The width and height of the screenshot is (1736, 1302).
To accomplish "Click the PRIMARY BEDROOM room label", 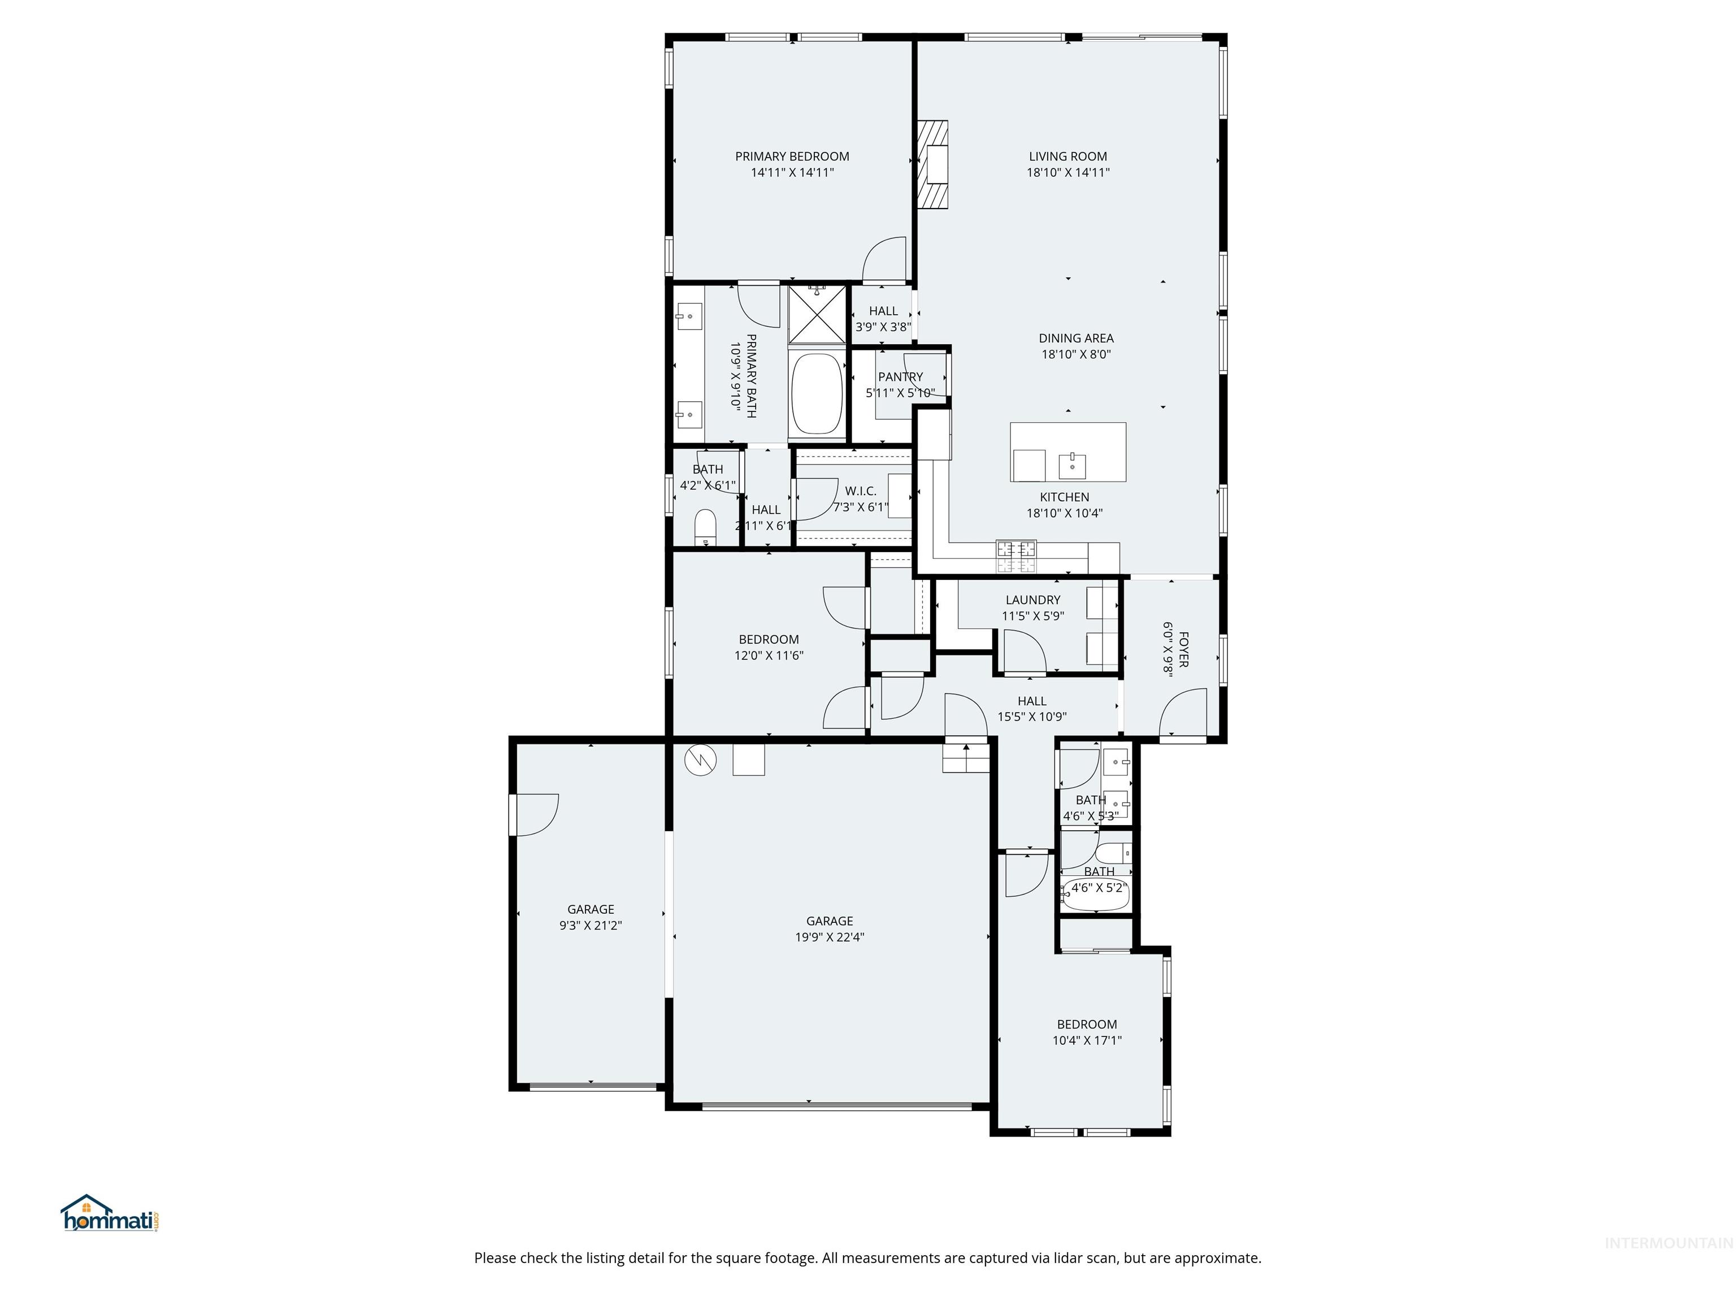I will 792,156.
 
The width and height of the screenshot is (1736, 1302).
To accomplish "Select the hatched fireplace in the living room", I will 934,165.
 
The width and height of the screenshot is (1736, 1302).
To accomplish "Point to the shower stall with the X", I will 817,315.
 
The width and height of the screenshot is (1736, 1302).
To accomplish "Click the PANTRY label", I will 900,377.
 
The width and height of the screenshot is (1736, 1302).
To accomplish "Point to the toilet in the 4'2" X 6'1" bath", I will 706,527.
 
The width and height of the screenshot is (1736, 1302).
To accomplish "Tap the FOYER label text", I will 1183,649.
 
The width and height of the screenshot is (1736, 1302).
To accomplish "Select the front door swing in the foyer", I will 1183,713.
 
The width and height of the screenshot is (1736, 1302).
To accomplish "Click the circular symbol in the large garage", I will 700,759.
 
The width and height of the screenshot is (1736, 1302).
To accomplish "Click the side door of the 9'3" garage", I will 535,815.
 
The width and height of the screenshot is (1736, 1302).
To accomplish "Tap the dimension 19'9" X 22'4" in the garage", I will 829,937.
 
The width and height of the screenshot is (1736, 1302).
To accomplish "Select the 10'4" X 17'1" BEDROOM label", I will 1086,1024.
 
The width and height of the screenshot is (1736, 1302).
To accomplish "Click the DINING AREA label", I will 1075,338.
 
